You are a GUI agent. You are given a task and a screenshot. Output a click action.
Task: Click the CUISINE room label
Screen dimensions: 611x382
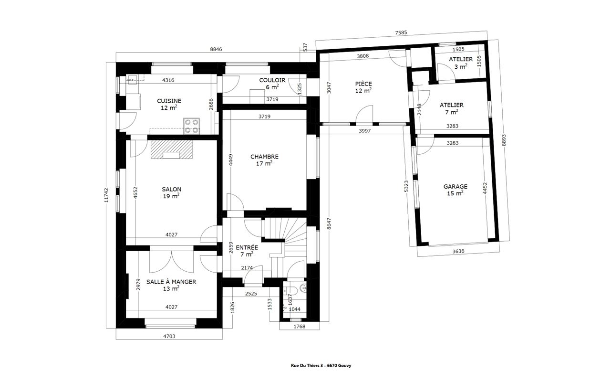click(169, 101)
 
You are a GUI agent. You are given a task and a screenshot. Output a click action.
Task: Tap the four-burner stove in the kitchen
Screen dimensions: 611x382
click(191, 126)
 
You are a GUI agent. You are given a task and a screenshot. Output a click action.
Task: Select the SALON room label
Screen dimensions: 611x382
click(171, 189)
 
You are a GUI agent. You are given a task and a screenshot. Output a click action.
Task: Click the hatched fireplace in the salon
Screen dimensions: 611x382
click(171, 149)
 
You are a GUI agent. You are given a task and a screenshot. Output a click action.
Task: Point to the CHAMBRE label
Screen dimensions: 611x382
click(264, 157)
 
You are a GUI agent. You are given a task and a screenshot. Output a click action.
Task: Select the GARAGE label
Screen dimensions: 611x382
click(455, 187)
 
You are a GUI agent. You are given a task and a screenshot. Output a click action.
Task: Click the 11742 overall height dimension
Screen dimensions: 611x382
click(106, 195)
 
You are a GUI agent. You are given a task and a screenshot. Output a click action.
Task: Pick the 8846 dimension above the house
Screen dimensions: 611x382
click(216, 50)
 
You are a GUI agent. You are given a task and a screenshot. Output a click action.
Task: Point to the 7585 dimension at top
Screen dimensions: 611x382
click(401, 32)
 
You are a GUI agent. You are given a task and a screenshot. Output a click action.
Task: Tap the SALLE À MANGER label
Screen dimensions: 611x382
click(171, 282)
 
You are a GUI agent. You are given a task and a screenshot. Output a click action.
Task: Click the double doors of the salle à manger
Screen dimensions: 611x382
click(172, 261)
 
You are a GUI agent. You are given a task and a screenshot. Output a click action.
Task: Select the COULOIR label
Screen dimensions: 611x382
click(272, 80)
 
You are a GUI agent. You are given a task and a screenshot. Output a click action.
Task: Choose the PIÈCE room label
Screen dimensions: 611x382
click(363, 84)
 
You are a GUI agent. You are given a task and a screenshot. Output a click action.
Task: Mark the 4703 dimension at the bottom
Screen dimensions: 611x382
click(169, 337)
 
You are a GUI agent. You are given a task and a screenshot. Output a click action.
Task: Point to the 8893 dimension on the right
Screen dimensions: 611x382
click(504, 140)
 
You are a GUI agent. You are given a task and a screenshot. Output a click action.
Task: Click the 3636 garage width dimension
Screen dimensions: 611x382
click(458, 251)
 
